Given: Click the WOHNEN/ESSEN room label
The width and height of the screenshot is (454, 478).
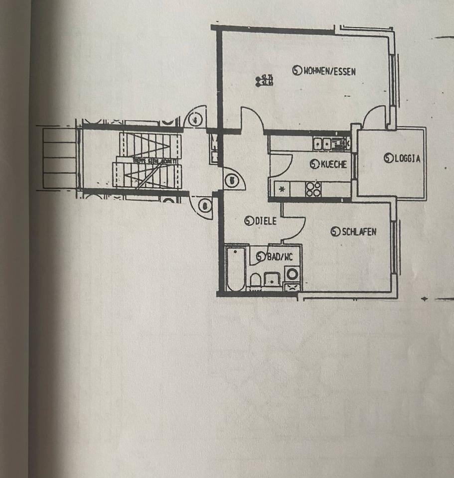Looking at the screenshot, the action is [x=329, y=71].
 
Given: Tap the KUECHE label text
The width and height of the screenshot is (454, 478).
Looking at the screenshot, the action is [x=333, y=164].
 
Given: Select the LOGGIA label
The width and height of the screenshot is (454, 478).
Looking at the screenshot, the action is [x=407, y=159].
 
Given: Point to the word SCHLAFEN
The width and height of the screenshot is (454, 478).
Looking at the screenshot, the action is [x=359, y=232].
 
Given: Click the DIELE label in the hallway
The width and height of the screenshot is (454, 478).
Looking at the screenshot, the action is [x=266, y=222].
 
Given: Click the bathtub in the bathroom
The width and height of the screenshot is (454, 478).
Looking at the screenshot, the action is [x=233, y=269].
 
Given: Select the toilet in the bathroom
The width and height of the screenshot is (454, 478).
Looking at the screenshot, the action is [x=256, y=280].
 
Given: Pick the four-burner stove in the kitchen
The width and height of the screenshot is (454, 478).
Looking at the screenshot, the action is [x=313, y=189].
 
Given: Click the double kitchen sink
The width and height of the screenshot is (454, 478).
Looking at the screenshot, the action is [x=322, y=144].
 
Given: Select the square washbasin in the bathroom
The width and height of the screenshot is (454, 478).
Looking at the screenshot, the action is [x=272, y=279].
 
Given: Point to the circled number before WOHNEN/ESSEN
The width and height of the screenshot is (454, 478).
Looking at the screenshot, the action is [x=297, y=71].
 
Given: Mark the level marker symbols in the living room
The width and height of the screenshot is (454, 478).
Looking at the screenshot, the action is [x=264, y=81].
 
